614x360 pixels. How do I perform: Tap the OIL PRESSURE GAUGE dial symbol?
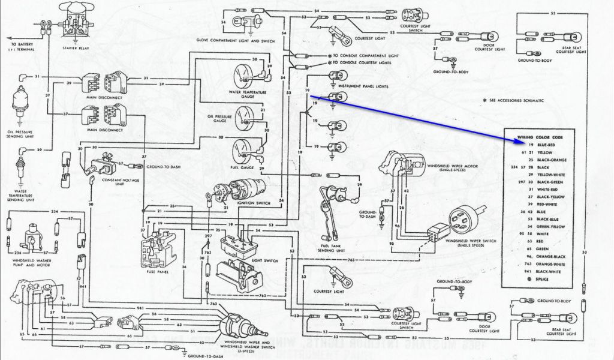click(x=245, y=114)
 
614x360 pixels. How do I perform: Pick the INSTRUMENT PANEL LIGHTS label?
click(x=363, y=86)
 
